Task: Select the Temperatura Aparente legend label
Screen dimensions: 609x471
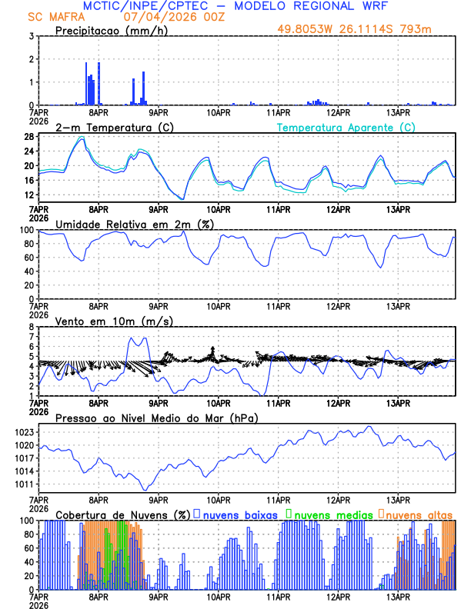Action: click(x=346, y=127)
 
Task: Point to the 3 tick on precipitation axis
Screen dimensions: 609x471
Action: click(x=30, y=36)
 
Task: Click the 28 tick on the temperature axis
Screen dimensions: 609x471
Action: click(x=28, y=137)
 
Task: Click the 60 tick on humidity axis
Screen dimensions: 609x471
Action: click(x=28, y=258)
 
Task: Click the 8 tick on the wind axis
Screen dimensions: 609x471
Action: click(x=30, y=327)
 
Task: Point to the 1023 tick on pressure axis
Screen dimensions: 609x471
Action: click(x=22, y=433)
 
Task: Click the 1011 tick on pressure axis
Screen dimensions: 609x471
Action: click(x=22, y=484)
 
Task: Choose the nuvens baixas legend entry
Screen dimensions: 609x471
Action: click(x=239, y=514)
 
